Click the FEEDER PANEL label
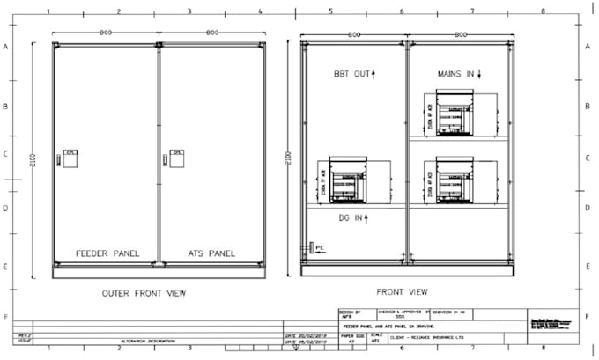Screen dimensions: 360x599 (105, 253)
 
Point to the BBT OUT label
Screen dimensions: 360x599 (351, 74)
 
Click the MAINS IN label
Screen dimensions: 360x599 (455, 74)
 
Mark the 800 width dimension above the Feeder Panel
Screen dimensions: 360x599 (105, 33)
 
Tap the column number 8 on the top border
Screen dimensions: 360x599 (543, 12)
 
